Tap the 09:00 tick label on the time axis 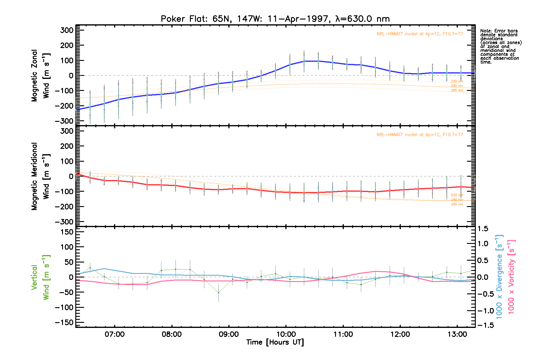click(229, 334)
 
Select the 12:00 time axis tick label click(400, 334)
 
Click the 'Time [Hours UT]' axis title click(275, 342)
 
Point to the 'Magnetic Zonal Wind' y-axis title click(40, 76)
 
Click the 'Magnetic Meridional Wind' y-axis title click(40, 176)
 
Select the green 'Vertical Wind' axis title click(40, 277)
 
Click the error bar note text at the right click(500, 46)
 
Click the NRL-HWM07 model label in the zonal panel click(420, 34)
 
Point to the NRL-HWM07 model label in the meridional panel click(420, 135)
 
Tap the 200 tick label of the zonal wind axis click(67, 45)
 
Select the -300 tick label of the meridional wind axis click(64, 222)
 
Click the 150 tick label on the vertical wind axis click(67, 232)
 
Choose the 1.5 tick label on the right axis click(483, 229)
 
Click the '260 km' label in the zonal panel click(457, 90)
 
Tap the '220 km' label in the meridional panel click(457, 195)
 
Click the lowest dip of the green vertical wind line click(218, 292)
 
